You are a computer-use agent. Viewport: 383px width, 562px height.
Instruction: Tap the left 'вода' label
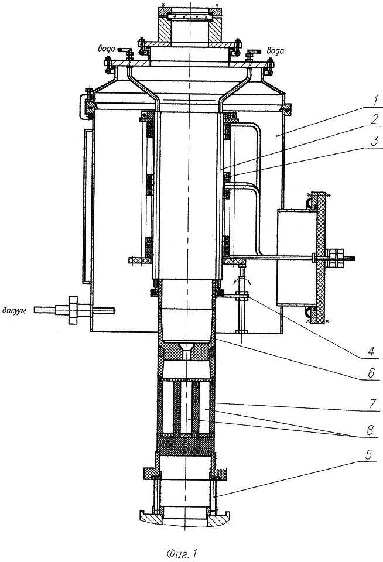point(111,51)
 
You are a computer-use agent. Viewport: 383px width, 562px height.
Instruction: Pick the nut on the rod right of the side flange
point(337,258)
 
